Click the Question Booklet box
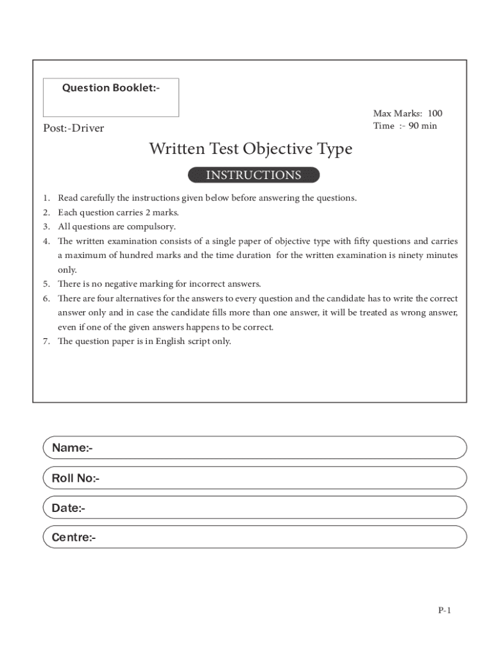point(111,98)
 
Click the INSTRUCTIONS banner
point(253,175)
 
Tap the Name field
point(255,448)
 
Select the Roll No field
point(255,478)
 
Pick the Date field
point(255,508)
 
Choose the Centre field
point(255,537)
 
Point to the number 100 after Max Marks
point(435,114)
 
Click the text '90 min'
point(423,126)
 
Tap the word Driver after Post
point(88,128)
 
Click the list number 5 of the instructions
point(47,284)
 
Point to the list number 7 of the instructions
point(47,341)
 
